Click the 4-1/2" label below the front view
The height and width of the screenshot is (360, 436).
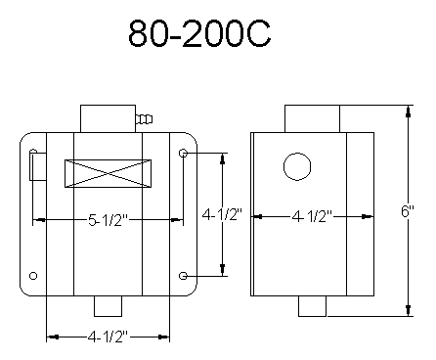click(109, 338)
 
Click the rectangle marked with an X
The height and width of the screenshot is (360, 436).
click(108, 173)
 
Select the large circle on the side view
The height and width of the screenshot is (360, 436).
click(297, 166)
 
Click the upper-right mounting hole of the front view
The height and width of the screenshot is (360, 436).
click(185, 154)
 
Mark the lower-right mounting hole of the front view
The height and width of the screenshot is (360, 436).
click(185, 277)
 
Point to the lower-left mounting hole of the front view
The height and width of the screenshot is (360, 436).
click(34, 277)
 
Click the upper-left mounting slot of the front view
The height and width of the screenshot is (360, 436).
click(34, 164)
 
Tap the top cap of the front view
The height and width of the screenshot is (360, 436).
click(106, 115)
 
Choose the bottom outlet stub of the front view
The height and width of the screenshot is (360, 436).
click(108, 305)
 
